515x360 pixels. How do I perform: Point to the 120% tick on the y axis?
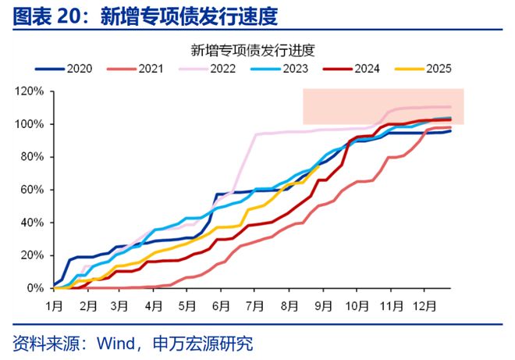30,91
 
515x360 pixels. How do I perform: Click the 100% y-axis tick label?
30,124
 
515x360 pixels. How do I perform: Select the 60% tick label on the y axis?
32,190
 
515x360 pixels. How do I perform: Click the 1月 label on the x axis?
55,304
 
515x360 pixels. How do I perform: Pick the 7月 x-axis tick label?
254,304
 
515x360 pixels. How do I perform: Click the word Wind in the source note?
112,344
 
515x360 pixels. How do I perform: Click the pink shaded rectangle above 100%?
383,106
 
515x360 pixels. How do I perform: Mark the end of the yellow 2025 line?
319,166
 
